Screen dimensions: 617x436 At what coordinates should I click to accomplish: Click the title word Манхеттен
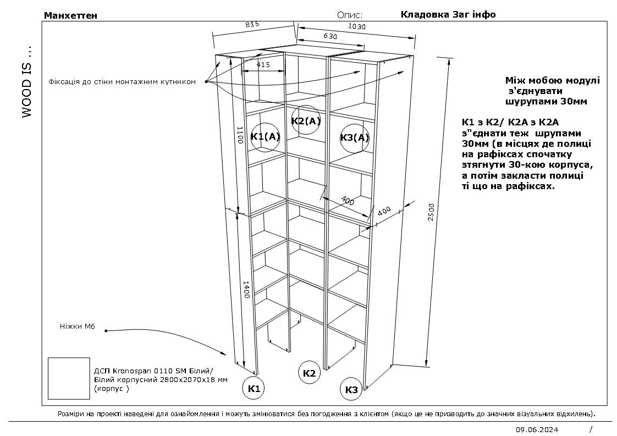point(70,15)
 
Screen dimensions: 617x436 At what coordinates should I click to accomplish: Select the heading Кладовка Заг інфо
point(448,14)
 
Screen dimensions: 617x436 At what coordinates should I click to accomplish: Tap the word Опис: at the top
point(350,15)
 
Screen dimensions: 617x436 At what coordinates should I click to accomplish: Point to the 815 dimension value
point(252,24)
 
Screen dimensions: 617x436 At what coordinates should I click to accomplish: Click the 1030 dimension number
point(357,27)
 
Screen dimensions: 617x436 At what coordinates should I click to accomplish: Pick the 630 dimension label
point(330,36)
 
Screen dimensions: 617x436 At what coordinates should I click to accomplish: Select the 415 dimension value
point(263,64)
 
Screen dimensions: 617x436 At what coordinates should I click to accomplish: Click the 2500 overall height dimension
point(431,212)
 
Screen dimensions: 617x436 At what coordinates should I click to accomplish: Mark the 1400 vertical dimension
point(246,290)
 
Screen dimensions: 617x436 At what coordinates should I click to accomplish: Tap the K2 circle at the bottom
point(309,373)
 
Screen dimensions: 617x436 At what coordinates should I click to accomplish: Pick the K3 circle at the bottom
point(351,390)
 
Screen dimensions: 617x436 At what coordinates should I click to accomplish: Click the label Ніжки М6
point(78,326)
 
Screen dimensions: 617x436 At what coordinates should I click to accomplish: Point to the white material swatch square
point(69,378)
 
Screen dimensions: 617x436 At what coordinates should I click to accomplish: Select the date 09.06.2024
point(537,430)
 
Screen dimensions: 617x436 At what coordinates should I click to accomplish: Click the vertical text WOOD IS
point(26,82)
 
